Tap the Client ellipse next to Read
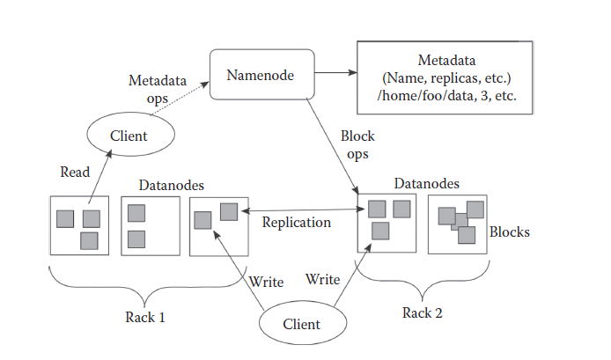click(129, 136)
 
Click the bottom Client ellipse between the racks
click(301, 324)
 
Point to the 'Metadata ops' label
click(158, 88)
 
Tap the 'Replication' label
click(297, 222)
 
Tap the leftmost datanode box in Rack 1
click(79, 225)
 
